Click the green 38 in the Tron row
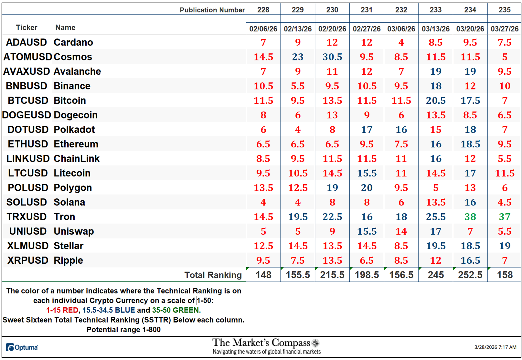(x=470, y=217)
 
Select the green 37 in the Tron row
(x=504, y=217)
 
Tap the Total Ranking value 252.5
(x=470, y=275)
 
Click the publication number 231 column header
(x=367, y=10)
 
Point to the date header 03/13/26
(x=435, y=29)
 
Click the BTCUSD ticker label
(x=28, y=101)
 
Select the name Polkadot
(x=74, y=130)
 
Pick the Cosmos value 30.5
(x=332, y=57)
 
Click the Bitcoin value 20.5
(x=435, y=101)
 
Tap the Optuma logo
(x=22, y=348)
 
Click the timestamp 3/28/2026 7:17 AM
(x=495, y=347)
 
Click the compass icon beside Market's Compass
(x=315, y=343)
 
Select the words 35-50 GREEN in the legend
(x=176, y=310)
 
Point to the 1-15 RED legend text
(x=62, y=310)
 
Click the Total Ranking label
(x=213, y=275)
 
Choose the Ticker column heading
(x=27, y=28)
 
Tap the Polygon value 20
(x=367, y=188)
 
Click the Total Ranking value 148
(x=263, y=275)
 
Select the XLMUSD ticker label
(x=28, y=246)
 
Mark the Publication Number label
(x=212, y=10)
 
